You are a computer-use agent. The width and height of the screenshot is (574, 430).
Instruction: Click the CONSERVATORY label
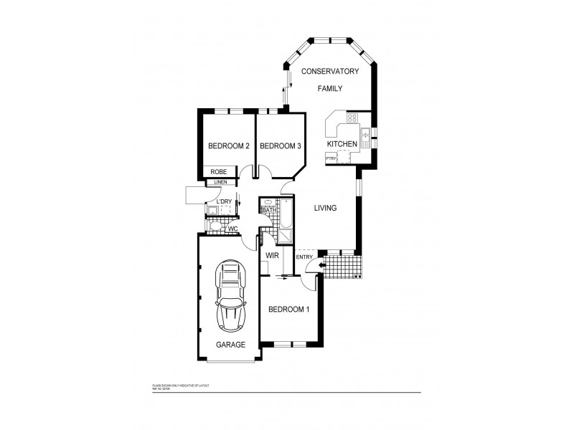click(329, 71)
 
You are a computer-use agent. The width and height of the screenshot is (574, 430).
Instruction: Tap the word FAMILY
click(330, 88)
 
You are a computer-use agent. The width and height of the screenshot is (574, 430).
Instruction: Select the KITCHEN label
click(342, 144)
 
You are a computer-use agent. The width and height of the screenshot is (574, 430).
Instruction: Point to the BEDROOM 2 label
click(228, 146)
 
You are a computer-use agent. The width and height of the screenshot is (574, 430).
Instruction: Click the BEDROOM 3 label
click(279, 146)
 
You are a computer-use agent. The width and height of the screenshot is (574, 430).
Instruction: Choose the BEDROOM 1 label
click(288, 310)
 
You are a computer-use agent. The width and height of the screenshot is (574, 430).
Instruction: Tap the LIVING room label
click(326, 209)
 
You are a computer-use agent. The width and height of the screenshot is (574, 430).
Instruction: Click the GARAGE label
click(230, 344)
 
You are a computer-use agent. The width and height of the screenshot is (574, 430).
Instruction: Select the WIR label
click(272, 255)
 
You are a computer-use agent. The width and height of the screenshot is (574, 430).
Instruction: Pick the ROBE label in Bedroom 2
click(219, 172)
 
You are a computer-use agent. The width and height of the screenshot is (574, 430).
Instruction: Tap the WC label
click(232, 229)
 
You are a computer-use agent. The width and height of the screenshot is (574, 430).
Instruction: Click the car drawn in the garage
click(230, 295)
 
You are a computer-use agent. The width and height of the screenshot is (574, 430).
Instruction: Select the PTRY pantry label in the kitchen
click(331, 158)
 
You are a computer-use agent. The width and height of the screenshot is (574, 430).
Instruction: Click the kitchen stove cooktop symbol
click(353, 118)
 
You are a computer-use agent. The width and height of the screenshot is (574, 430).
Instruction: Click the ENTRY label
click(304, 257)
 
